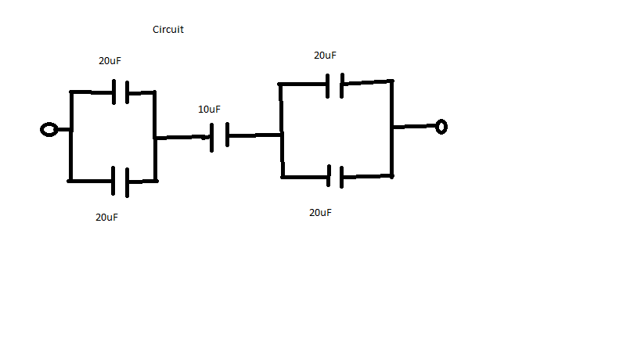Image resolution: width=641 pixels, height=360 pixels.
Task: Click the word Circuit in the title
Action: point(168,30)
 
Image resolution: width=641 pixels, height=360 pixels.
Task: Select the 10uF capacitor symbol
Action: point(219,136)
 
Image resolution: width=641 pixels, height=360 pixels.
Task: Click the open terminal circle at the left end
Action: point(49,129)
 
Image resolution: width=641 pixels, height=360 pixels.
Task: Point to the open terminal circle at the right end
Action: point(441,126)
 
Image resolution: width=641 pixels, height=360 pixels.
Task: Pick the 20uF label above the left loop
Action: point(110,61)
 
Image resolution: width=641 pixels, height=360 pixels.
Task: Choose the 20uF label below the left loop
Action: point(106,217)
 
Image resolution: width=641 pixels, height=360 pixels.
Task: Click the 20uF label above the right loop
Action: point(325,56)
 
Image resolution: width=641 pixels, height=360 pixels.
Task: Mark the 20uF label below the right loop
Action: point(320,213)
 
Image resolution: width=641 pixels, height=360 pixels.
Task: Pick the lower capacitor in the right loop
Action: point(335,177)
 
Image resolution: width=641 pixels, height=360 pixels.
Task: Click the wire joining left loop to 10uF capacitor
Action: point(182,138)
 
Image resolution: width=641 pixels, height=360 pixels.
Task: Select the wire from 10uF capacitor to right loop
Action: point(254,135)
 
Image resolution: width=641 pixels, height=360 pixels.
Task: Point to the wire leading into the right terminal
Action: point(415,126)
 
